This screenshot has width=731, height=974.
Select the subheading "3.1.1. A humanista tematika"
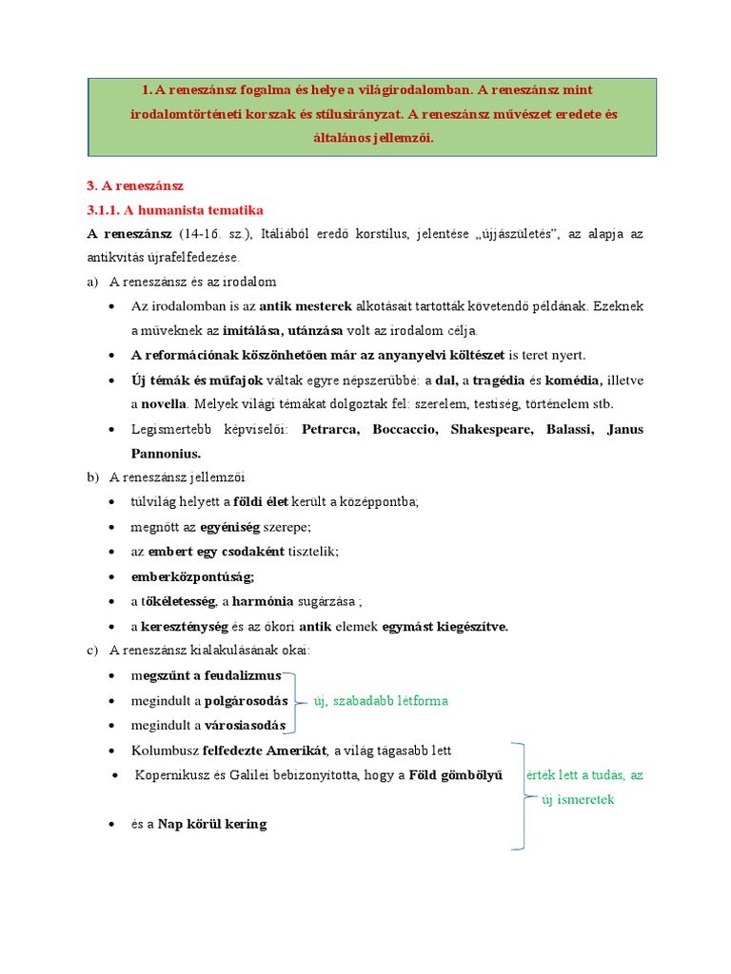pos(175,209)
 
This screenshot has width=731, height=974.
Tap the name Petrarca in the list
pos(330,429)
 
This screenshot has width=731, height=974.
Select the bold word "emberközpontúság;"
pos(193,576)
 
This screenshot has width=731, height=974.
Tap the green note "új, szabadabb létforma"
pos(380,701)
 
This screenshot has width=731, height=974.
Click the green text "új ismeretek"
pos(578,799)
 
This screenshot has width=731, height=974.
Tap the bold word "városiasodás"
pos(245,726)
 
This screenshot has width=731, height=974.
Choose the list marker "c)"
pos(92,651)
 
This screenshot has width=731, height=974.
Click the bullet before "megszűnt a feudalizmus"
pos(113,675)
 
